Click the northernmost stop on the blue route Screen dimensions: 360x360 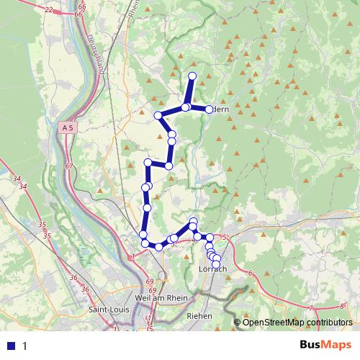coord(192,76)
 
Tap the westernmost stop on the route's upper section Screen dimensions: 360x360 coord(158,115)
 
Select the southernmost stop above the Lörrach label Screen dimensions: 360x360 coord(216,264)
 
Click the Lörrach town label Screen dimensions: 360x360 coord(212,269)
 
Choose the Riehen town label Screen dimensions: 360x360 coord(198,315)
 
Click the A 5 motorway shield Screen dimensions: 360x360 coord(68,127)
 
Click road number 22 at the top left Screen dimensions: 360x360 coord(48,9)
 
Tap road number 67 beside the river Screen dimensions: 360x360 coord(69,166)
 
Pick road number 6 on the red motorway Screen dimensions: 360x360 coord(250,272)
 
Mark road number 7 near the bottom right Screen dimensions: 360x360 coord(310,307)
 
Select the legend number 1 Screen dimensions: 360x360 coord(25,345)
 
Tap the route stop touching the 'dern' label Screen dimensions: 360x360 coord(210,109)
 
